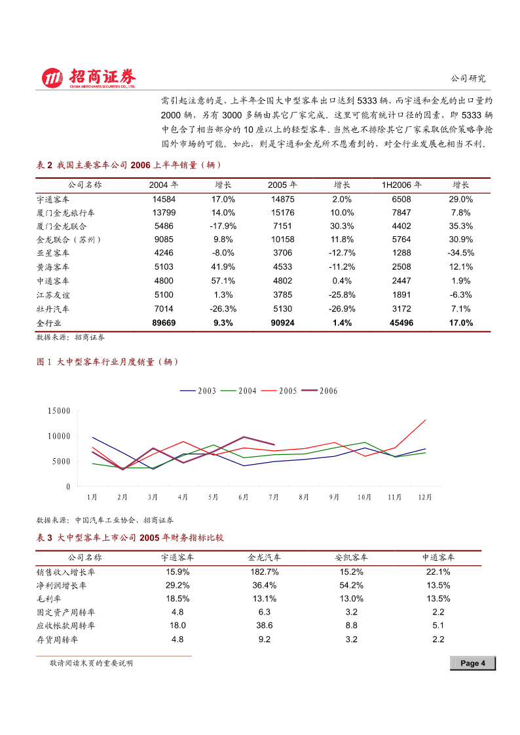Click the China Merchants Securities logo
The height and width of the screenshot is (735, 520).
tap(88, 78)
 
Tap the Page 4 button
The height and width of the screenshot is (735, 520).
tap(473, 663)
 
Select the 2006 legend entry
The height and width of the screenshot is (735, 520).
tap(320, 391)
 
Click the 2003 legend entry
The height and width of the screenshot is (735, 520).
tap(198, 391)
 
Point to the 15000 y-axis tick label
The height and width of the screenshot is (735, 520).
tap(59, 410)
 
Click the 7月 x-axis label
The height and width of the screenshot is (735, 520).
tap(273, 497)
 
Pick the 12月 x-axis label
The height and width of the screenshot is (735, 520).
tap(425, 497)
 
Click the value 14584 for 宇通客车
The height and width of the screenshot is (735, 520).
tap(164, 199)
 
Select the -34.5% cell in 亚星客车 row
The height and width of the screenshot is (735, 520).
tap(461, 253)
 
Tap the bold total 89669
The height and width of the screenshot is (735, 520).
tap(164, 323)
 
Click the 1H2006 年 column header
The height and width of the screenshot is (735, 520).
tap(401, 185)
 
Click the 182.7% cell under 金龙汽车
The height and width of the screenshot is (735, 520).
tap(265, 572)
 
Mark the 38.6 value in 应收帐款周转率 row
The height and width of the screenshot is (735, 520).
tap(265, 625)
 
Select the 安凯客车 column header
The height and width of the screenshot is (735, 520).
tap(351, 558)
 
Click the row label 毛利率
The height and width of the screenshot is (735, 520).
tap(48, 599)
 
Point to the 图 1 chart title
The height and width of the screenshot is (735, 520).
tap(107, 362)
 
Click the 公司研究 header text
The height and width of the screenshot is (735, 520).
tap(468, 79)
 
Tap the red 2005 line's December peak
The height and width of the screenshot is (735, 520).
tap(425, 420)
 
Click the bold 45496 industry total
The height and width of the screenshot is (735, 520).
tap(401, 323)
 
